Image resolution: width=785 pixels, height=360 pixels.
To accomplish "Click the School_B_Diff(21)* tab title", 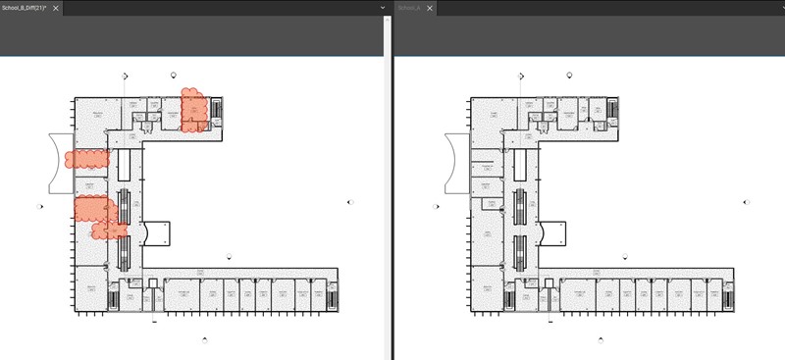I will point(25,8).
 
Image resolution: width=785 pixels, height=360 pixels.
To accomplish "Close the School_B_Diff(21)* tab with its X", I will point(57,8).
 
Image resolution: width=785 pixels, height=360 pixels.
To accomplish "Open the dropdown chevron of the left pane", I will point(383,8).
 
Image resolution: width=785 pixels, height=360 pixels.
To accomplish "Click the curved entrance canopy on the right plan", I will point(454,162).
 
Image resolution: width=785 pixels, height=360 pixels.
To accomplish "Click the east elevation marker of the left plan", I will point(351,202).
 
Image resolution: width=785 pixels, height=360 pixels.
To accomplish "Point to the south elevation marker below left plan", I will point(204,338).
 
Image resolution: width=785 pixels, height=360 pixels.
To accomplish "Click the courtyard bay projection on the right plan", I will point(555,233).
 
